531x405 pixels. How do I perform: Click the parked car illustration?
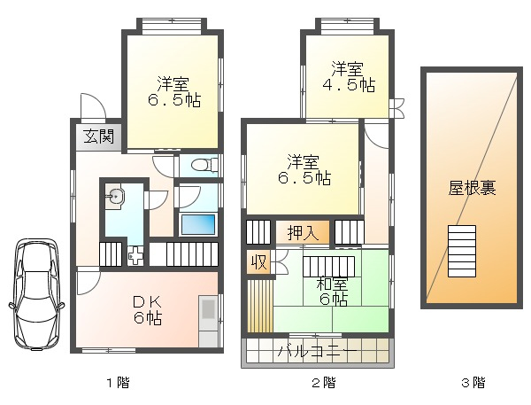[36, 294]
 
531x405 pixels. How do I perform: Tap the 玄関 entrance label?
[98, 136]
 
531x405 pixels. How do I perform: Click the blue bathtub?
[198, 224]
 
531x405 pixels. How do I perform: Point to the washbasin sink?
[114, 197]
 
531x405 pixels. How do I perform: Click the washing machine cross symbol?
[136, 256]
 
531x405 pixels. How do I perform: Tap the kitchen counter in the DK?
[209, 321]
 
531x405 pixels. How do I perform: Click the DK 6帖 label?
[148, 310]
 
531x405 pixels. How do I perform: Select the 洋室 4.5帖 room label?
[348, 77]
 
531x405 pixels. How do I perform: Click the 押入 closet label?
[303, 233]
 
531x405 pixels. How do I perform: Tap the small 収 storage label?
[259, 261]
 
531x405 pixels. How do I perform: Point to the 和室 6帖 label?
[332, 292]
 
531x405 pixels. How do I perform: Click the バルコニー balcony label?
[318, 352]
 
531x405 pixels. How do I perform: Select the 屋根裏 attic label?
[472, 188]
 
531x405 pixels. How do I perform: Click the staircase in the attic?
[462, 251]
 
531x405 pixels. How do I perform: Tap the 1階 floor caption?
[119, 383]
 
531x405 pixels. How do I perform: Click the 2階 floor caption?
[323, 383]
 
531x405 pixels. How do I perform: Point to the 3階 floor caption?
[473, 383]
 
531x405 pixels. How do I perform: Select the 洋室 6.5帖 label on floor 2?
[304, 169]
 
